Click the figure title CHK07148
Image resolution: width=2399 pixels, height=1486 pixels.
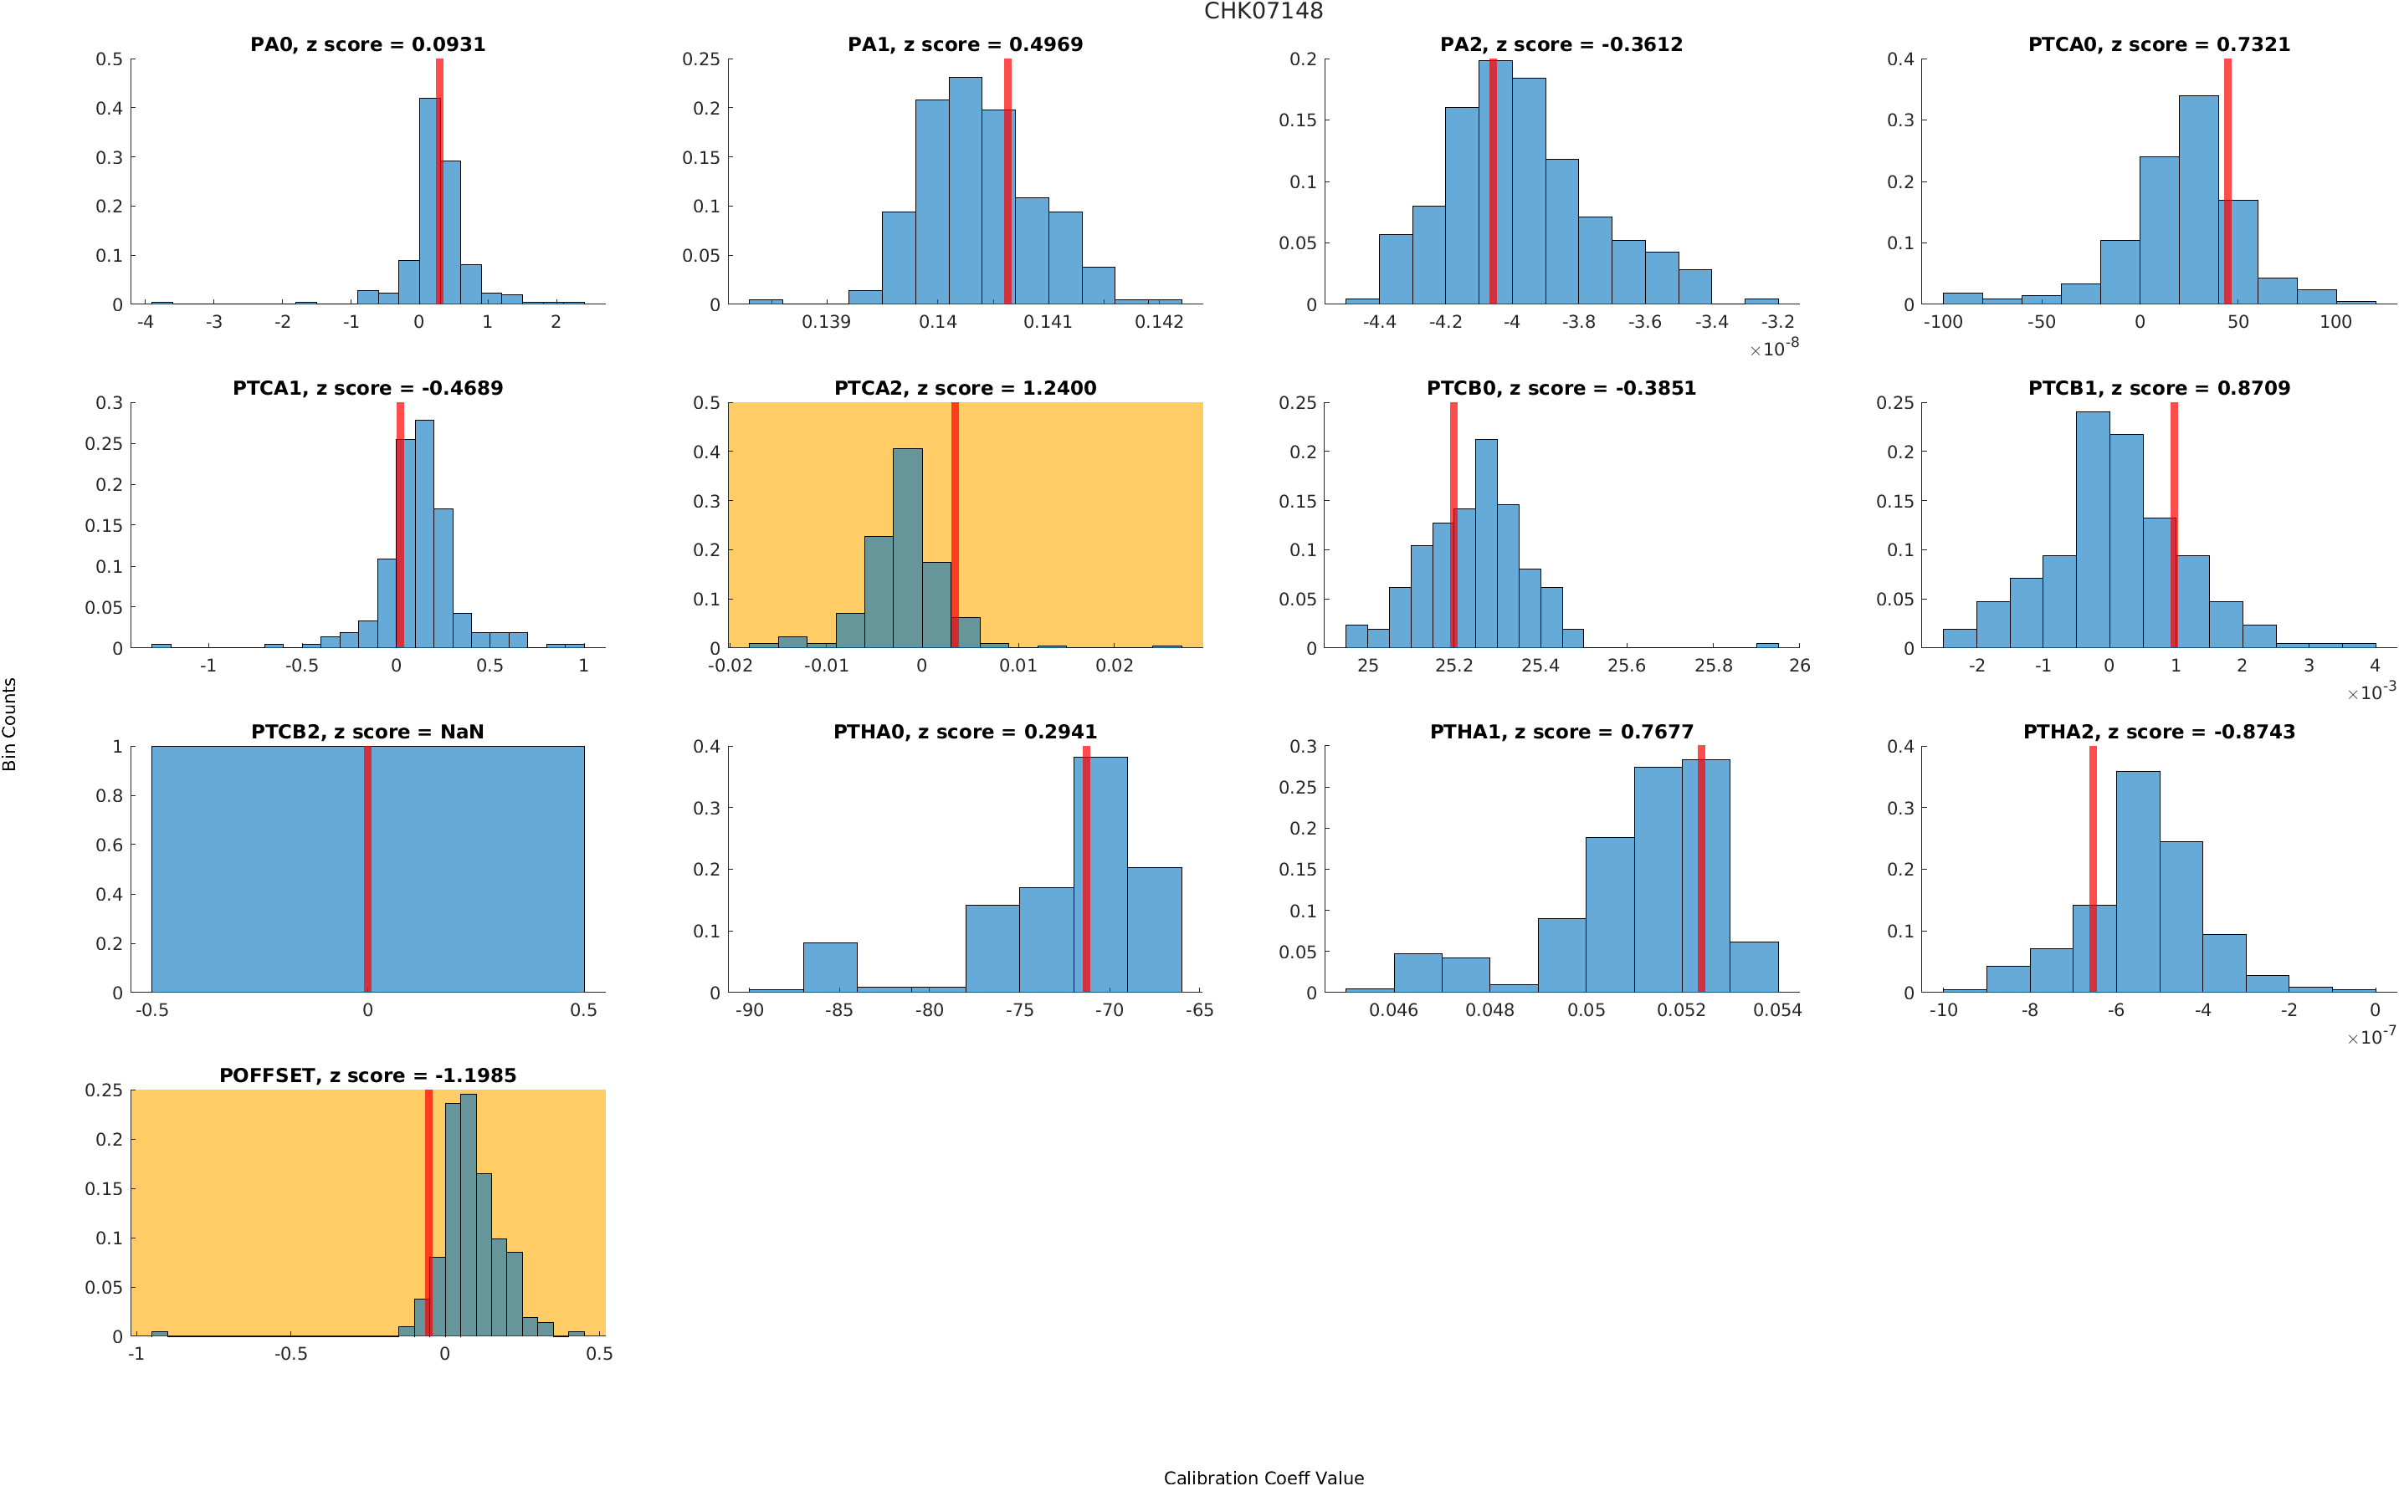(1263, 11)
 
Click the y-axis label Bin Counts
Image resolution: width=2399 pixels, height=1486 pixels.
(10, 723)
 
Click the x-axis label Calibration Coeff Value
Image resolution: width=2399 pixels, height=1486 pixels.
(1263, 1476)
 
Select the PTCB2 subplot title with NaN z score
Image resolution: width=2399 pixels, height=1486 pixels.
(367, 731)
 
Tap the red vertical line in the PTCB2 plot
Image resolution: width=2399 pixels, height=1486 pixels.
(367, 869)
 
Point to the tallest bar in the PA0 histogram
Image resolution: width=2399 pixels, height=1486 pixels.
(428, 202)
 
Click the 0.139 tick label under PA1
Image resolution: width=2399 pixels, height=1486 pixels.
(825, 321)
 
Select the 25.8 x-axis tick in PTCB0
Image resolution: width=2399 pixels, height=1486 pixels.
(1712, 666)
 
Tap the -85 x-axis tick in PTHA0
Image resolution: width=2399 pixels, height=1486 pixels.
(838, 1009)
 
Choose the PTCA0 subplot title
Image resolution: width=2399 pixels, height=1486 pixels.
(2158, 44)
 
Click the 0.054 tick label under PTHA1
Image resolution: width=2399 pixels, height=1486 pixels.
(1776, 1009)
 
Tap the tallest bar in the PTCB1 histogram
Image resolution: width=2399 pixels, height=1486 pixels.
(2091, 531)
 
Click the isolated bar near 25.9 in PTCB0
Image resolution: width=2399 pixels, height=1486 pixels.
(1766, 645)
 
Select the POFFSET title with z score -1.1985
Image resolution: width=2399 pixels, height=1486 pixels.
(367, 1075)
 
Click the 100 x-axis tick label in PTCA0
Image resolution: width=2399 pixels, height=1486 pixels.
(2335, 321)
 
